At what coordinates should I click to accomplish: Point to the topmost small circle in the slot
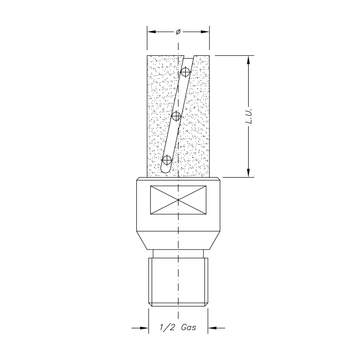pyautogui.click(x=186, y=73)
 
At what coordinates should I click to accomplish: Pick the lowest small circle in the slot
pyautogui.click(x=165, y=160)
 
